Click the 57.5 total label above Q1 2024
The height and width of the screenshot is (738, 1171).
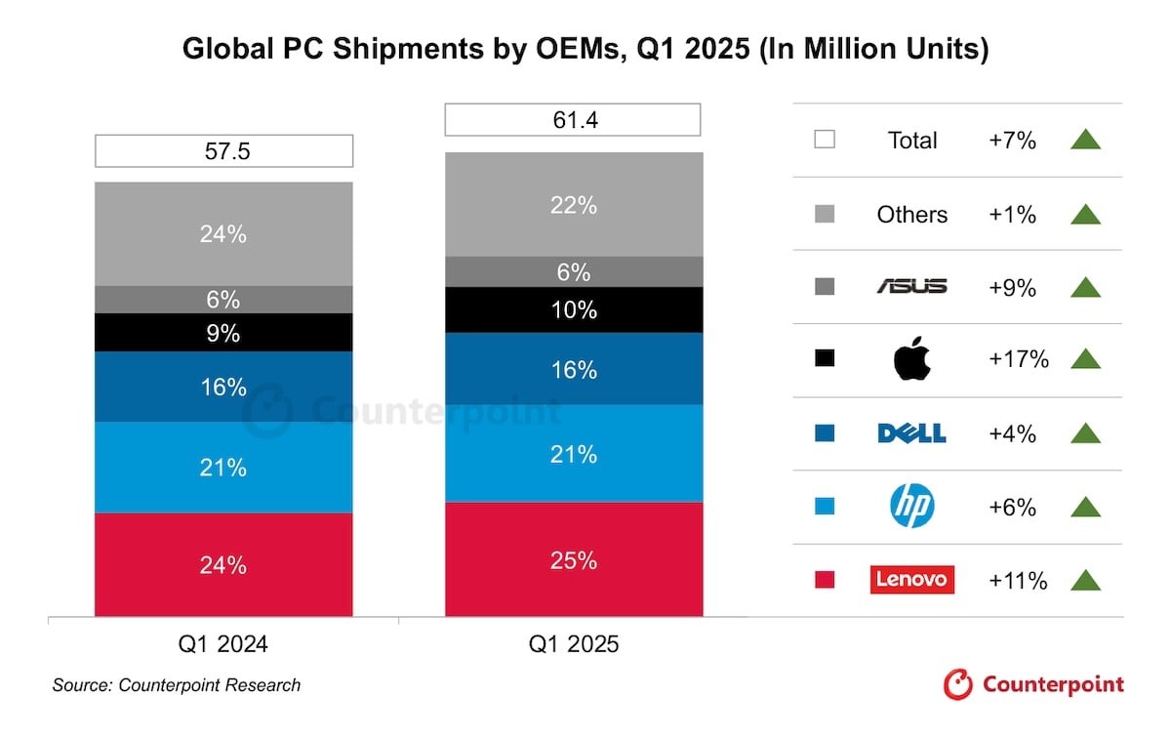click(x=223, y=151)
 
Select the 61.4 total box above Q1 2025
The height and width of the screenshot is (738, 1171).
click(x=573, y=119)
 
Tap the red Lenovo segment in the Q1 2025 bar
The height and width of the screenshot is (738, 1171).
click(x=573, y=559)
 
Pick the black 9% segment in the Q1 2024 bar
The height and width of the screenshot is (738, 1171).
click(x=223, y=333)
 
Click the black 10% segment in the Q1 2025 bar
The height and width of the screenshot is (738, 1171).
click(x=573, y=310)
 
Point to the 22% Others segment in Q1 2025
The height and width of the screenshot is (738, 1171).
click(x=573, y=205)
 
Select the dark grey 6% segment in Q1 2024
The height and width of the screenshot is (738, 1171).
click(x=223, y=300)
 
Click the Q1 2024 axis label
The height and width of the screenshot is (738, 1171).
click(x=223, y=644)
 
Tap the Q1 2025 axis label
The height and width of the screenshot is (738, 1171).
click(x=573, y=644)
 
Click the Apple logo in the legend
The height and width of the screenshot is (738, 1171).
click(x=912, y=360)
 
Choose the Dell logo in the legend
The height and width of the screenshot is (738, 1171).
click(x=912, y=433)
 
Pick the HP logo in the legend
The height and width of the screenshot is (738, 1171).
click(x=912, y=507)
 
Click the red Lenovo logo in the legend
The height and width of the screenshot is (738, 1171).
click(x=912, y=580)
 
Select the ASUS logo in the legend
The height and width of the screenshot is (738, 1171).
click(x=912, y=286)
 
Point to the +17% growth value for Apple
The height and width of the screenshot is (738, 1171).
click(x=1018, y=359)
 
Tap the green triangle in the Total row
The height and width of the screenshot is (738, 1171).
click(x=1085, y=140)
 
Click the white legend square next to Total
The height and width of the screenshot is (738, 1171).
click(x=825, y=140)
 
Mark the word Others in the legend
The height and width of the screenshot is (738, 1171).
click(x=912, y=214)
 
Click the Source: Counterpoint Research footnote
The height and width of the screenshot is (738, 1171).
click(x=177, y=685)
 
